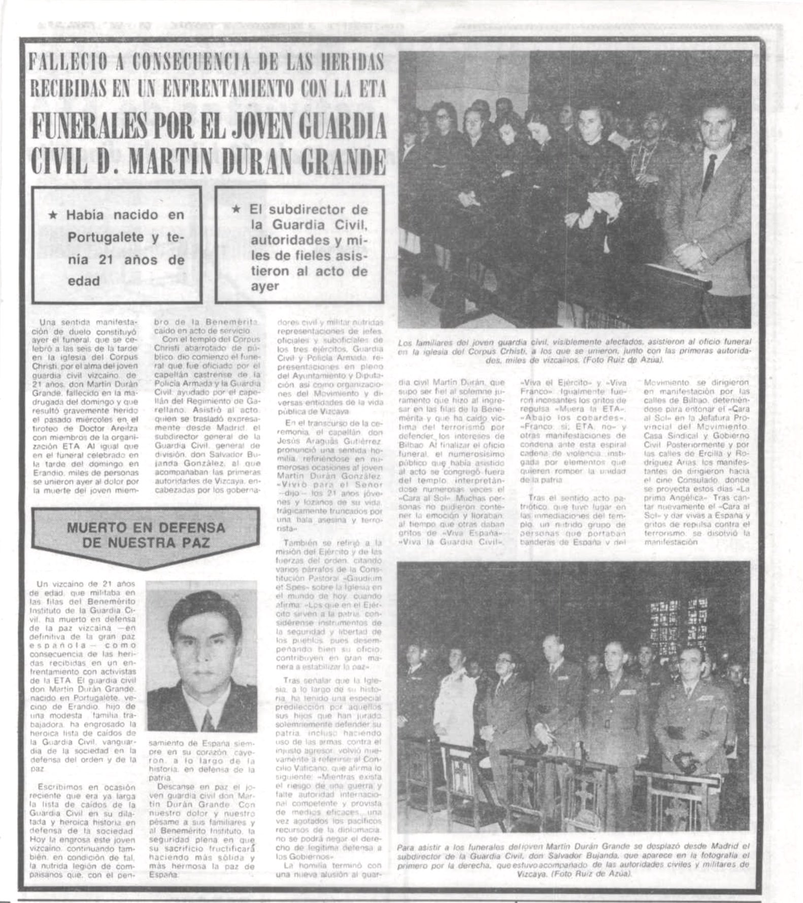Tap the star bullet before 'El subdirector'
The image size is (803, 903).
coord(236,209)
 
